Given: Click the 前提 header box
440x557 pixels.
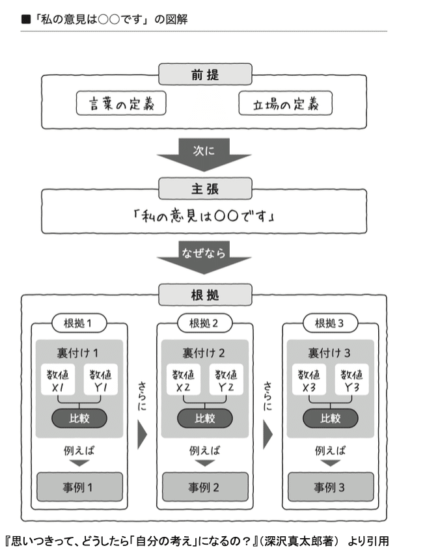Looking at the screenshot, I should pos(205,74).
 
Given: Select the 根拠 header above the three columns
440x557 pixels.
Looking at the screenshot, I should pos(205,295).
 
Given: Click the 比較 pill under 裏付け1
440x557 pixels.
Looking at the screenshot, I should pos(79,418).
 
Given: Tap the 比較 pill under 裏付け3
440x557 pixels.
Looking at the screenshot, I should pos(331,418).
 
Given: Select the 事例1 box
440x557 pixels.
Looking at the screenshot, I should pos(79,486).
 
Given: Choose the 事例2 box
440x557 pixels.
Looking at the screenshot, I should pos(205,486).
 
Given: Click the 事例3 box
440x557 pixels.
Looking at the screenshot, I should pos(331,486).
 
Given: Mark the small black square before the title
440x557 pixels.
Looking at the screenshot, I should pos(26,20).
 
